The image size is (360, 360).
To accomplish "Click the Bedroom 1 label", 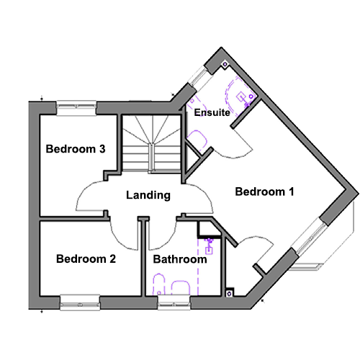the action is point(264,192).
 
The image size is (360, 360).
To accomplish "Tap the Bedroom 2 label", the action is point(86,259).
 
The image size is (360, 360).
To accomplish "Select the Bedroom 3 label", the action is point(76,149).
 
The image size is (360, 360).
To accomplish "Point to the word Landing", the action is point(148,195).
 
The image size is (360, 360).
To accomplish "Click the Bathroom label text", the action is point(180,259).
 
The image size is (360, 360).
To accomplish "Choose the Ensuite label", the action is point(212,112).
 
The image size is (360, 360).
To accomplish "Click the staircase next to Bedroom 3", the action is point(152,143).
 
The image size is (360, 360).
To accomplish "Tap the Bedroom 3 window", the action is point(76,108).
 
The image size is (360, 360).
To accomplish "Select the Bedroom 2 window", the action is point(80,302).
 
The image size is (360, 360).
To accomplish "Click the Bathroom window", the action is point(174,302).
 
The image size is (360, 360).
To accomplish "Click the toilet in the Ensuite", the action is point(197,140).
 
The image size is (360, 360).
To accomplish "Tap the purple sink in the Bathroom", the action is point(210,246).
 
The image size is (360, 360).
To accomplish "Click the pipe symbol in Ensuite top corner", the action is point(225,64).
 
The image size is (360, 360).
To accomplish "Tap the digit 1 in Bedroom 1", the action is point(291,192).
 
